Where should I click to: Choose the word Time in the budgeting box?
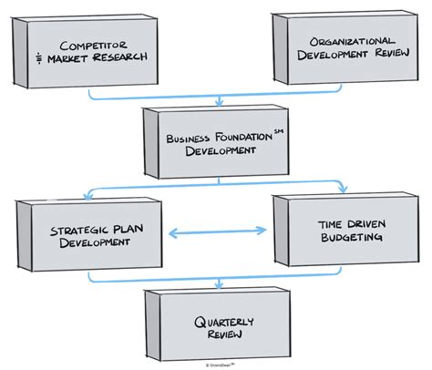335,223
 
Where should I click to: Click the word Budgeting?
352,238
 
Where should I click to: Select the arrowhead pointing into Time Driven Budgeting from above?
343,189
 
